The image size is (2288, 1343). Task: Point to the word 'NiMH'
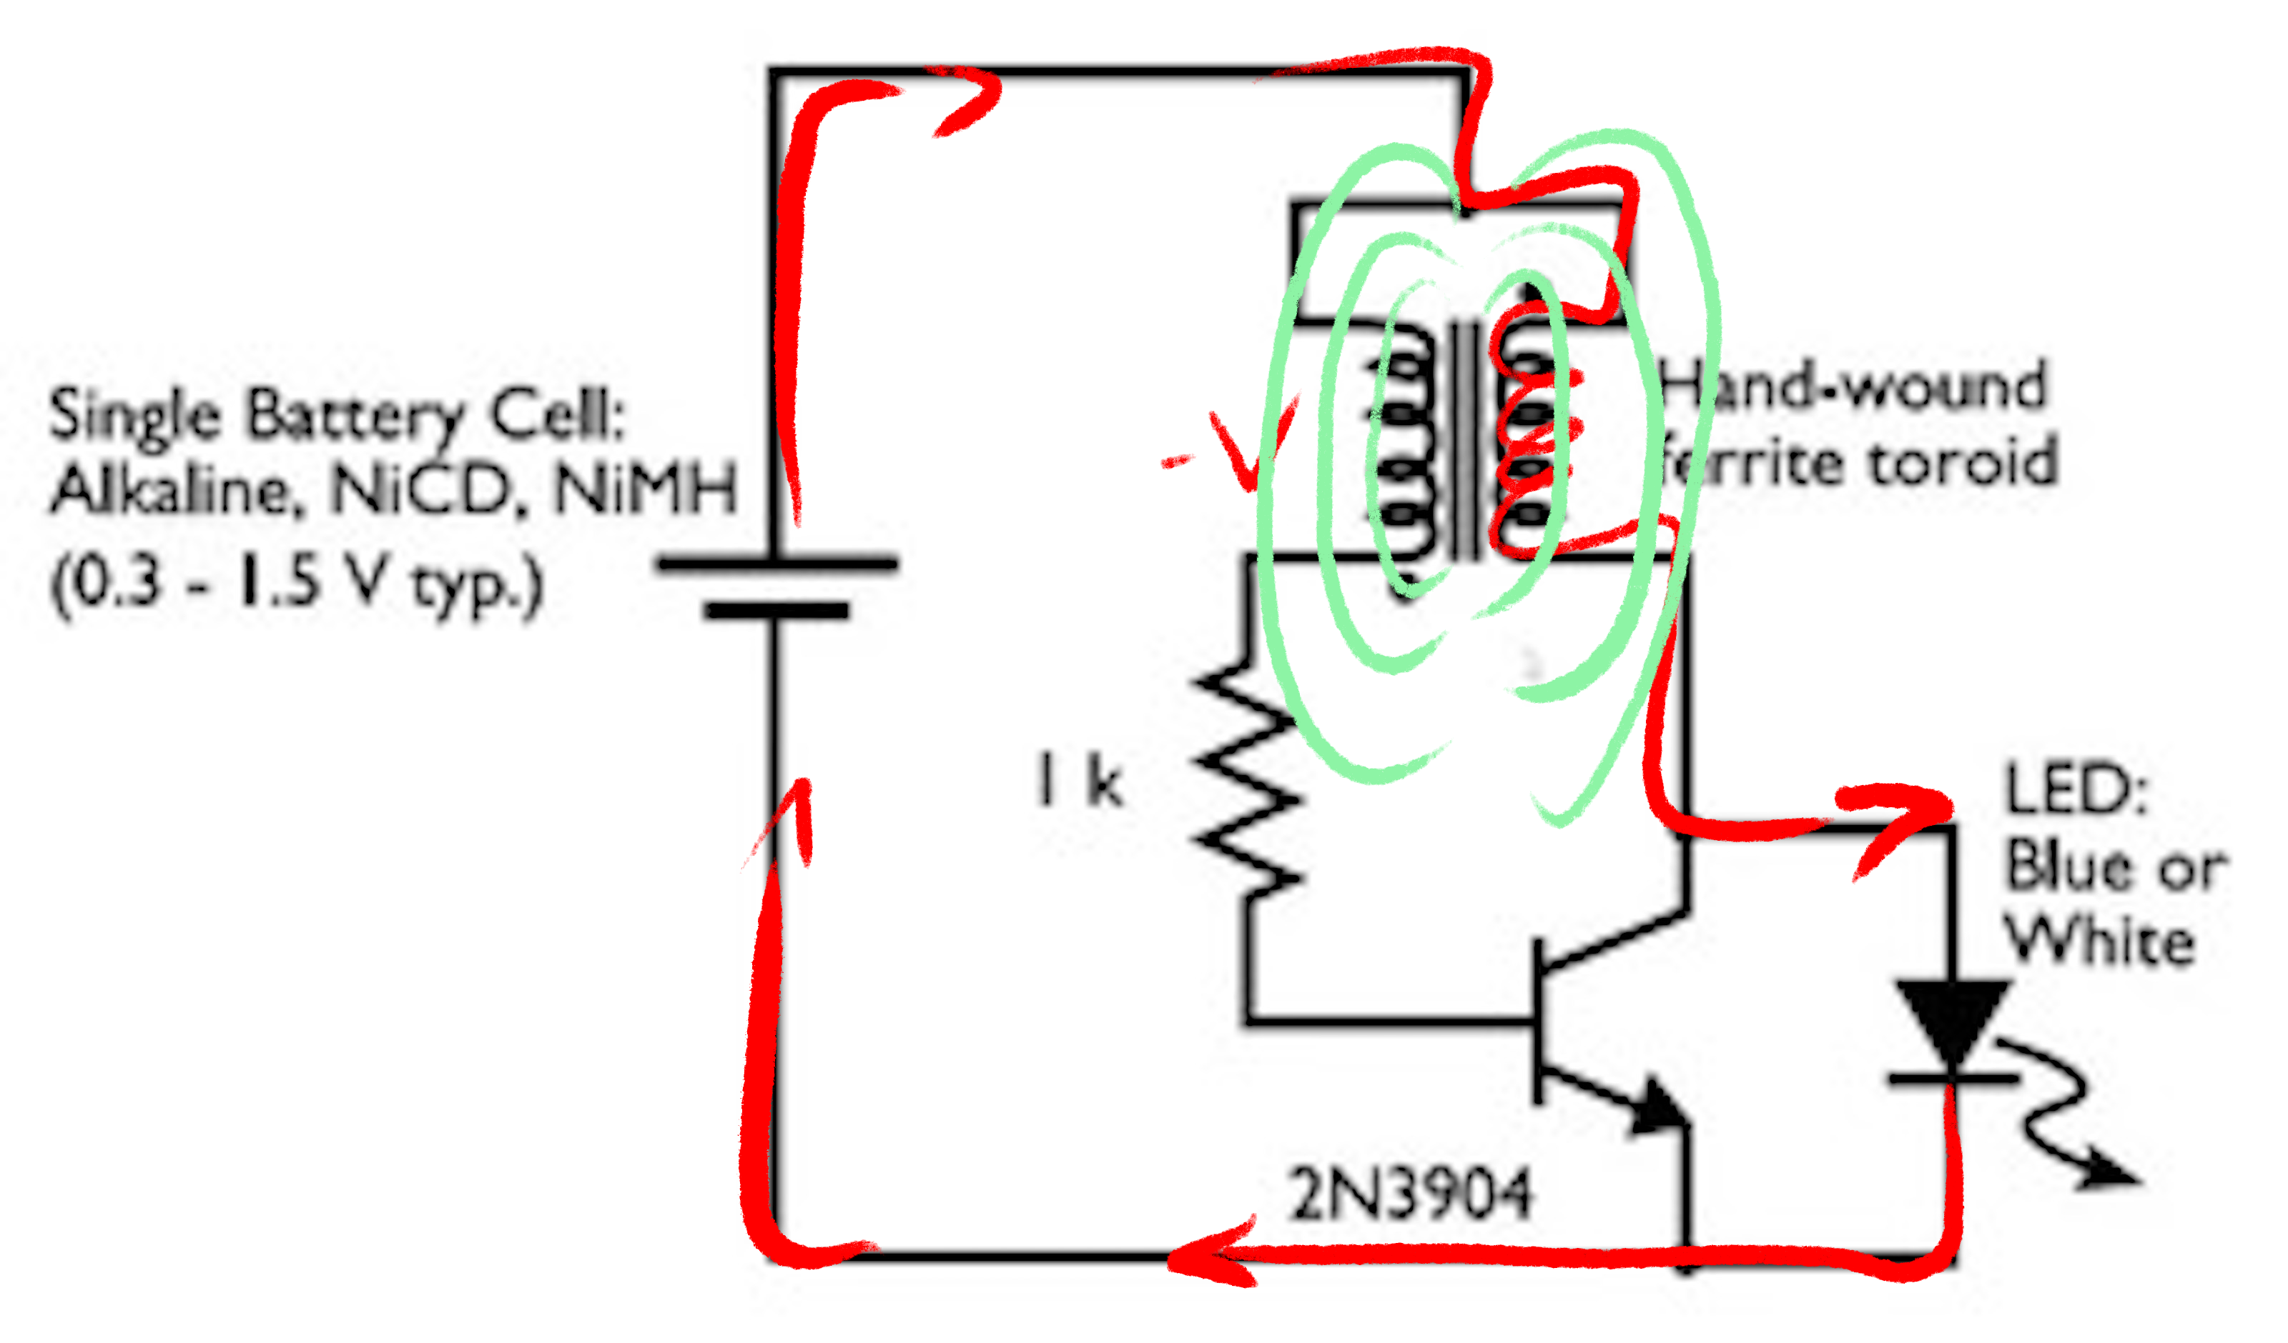coord(646,490)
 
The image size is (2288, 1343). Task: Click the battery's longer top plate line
coord(777,564)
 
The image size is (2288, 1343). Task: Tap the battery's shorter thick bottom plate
coord(777,611)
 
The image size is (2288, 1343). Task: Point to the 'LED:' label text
coord(2076,789)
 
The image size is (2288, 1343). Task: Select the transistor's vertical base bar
coord(1538,1022)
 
